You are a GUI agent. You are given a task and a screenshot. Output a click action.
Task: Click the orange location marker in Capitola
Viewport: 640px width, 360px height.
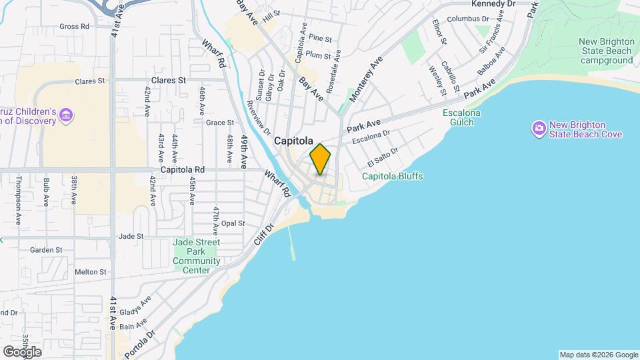(x=320, y=159)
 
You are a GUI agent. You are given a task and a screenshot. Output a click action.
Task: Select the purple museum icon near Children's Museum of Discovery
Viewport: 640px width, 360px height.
(x=66, y=115)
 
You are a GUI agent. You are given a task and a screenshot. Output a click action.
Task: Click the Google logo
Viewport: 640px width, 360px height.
(x=22, y=352)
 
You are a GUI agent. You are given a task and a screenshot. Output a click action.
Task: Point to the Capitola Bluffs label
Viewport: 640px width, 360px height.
(x=392, y=177)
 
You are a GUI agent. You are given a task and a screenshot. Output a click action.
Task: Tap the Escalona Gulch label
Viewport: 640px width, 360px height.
(x=461, y=117)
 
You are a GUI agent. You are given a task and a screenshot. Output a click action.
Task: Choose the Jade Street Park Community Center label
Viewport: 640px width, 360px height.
(x=196, y=256)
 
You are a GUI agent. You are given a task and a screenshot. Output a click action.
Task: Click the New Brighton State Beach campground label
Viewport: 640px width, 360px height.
(x=606, y=51)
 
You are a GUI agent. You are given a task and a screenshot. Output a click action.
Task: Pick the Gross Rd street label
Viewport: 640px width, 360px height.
(x=74, y=27)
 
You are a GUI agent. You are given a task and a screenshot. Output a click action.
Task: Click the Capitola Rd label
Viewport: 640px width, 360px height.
(x=182, y=170)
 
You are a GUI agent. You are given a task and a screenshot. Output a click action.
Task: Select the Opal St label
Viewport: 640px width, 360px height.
(x=233, y=223)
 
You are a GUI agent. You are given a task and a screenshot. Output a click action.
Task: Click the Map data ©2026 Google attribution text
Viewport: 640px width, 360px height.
(x=599, y=355)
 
